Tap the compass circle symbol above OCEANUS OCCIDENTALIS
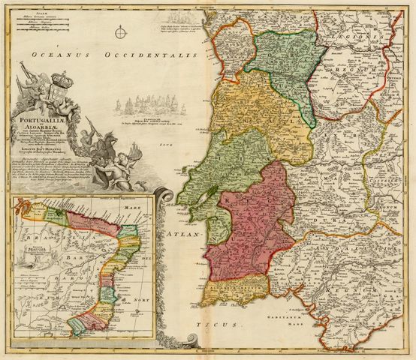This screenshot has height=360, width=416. (121, 32)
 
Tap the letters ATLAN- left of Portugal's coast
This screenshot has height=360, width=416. (187, 235)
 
